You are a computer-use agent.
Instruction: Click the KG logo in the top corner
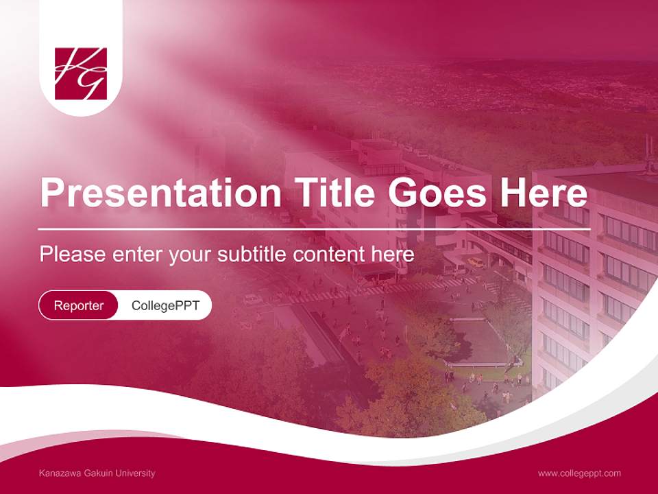point(81,73)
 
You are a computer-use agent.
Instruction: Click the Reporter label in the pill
point(79,305)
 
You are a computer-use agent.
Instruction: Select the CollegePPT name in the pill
point(165,305)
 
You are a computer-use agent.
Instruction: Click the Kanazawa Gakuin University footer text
point(97,473)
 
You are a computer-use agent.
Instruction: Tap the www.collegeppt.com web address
point(579,473)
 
